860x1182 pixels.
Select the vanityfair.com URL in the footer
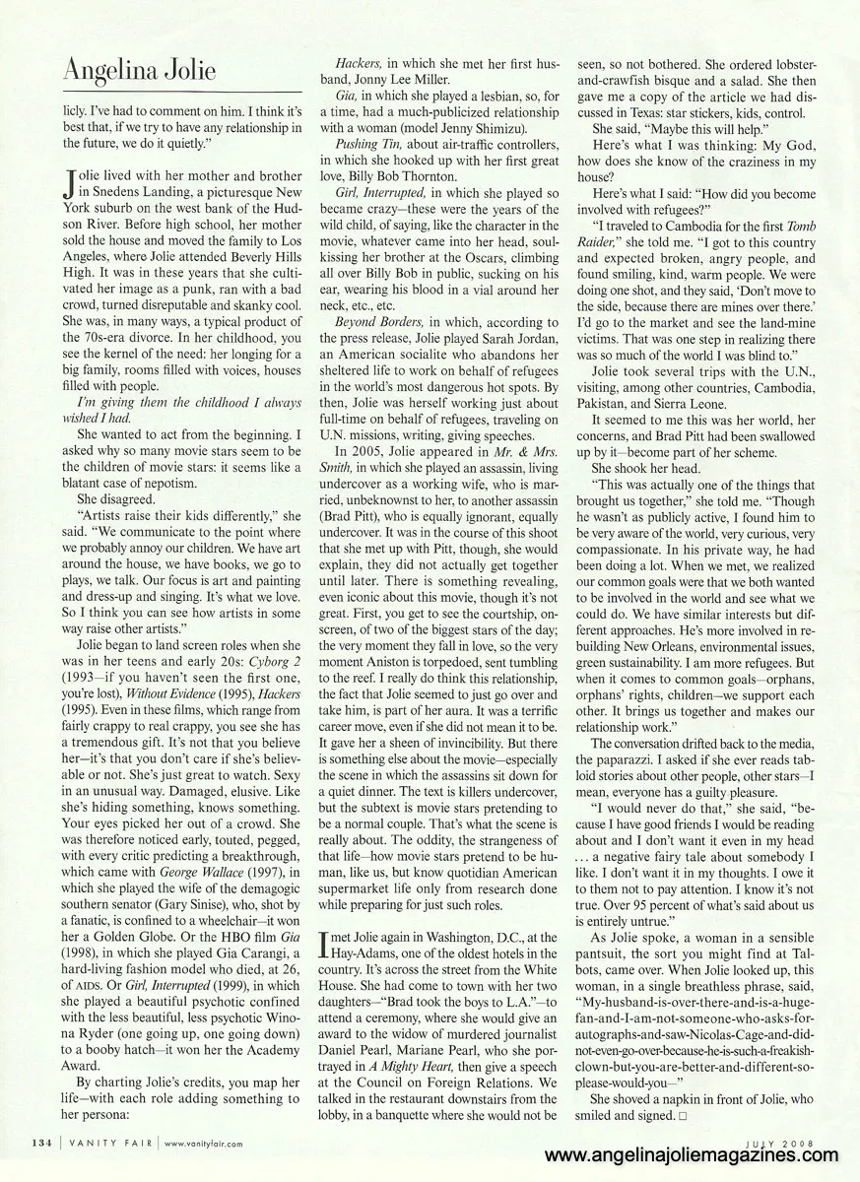(x=204, y=1144)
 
